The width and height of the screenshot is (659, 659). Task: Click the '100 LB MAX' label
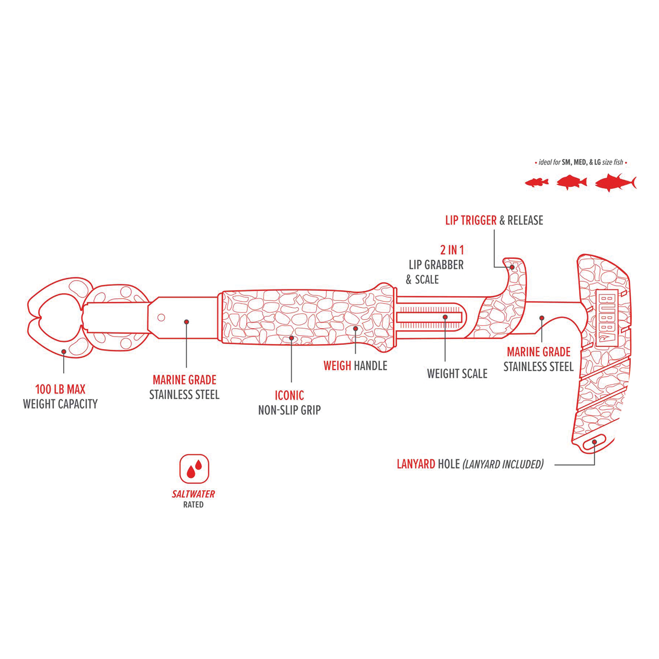(60, 389)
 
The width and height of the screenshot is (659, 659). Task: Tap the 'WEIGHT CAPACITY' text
(60, 404)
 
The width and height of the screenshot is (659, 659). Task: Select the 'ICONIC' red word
(289, 395)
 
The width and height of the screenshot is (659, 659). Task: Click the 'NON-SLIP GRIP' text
(289, 410)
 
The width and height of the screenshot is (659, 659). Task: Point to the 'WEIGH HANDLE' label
(355, 366)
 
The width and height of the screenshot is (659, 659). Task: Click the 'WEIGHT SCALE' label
(457, 374)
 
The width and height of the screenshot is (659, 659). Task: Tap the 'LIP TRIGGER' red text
(471, 221)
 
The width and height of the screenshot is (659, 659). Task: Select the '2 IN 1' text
(452, 250)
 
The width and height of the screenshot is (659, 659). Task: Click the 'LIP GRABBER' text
(436, 265)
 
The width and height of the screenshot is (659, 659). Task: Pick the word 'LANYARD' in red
(416, 464)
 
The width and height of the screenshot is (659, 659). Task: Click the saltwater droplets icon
(194, 469)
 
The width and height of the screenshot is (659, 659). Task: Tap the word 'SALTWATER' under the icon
(193, 494)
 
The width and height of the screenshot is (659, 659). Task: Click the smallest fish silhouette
(537, 182)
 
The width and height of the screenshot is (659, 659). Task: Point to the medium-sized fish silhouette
(572, 182)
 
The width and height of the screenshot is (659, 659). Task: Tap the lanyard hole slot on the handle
(594, 443)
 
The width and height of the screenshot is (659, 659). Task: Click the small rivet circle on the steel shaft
(161, 318)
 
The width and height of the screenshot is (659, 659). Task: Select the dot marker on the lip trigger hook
(512, 267)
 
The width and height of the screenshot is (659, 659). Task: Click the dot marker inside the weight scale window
(445, 317)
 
